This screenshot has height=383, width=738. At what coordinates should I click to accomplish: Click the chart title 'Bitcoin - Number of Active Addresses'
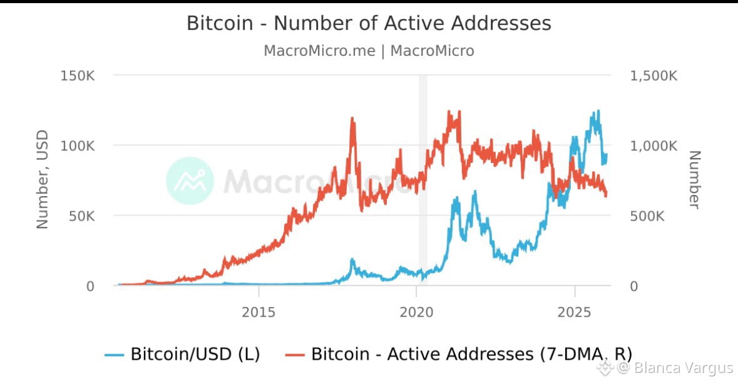pyautogui.click(x=369, y=23)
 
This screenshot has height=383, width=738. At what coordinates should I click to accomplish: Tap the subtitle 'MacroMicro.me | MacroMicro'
pyautogui.click(x=369, y=51)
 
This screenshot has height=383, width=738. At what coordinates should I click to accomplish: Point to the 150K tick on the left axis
pyautogui.click(x=78, y=76)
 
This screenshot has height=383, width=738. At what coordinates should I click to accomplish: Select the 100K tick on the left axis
pyautogui.click(x=78, y=146)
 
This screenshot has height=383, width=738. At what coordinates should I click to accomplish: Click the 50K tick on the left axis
pyautogui.click(x=81, y=216)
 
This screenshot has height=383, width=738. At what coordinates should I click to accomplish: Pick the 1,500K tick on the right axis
pyautogui.click(x=653, y=76)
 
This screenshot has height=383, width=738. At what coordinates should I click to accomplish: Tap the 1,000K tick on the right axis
pyautogui.click(x=653, y=146)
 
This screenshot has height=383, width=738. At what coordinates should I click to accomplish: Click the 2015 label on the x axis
pyautogui.click(x=259, y=312)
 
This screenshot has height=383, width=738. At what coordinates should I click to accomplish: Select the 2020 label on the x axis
pyautogui.click(x=417, y=312)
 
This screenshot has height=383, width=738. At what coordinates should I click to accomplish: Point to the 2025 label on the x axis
pyautogui.click(x=575, y=312)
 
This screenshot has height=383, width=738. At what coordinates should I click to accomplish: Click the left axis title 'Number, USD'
pyautogui.click(x=42, y=179)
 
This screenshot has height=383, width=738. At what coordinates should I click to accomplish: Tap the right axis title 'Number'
pyautogui.click(x=694, y=179)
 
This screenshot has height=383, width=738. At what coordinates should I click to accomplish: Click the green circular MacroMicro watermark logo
pyautogui.click(x=190, y=181)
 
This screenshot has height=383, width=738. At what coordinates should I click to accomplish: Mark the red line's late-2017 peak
pyautogui.click(x=352, y=118)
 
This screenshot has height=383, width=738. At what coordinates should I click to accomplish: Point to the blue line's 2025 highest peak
pyautogui.click(x=598, y=112)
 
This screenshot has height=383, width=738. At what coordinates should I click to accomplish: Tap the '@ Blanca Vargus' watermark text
pyautogui.click(x=675, y=367)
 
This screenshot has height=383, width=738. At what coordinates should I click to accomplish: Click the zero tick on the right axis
pyautogui.click(x=633, y=286)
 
